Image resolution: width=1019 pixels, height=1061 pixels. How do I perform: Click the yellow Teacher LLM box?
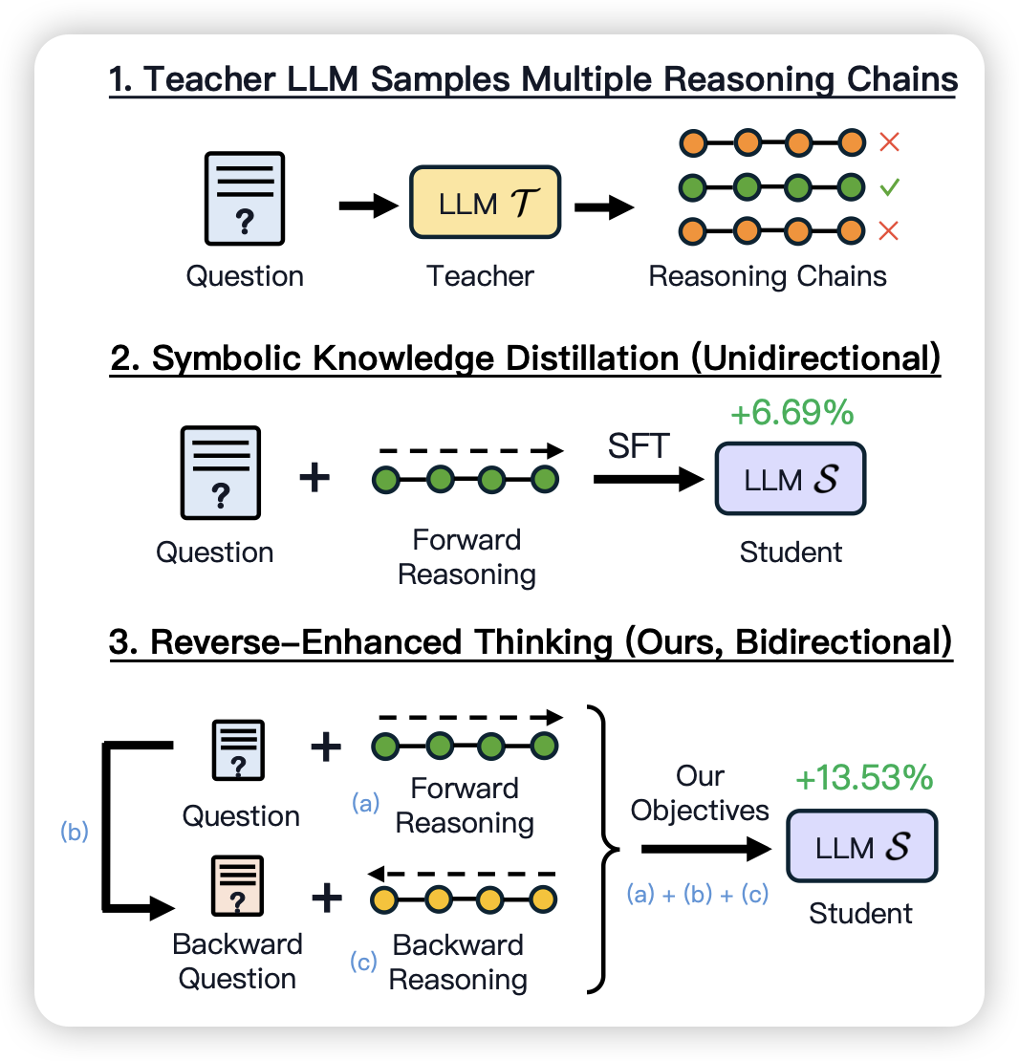(x=486, y=203)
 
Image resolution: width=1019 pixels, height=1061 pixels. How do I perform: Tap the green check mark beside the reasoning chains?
(x=890, y=186)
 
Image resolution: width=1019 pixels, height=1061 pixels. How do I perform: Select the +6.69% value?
(x=791, y=414)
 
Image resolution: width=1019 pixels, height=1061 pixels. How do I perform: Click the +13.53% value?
(x=863, y=778)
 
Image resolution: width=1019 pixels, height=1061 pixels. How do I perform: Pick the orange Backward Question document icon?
(x=236, y=887)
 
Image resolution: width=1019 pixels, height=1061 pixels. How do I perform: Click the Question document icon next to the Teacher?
(x=245, y=198)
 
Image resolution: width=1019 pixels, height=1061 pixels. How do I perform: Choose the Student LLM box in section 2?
(x=791, y=480)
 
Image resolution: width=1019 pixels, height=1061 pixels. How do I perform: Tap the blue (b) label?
(x=74, y=832)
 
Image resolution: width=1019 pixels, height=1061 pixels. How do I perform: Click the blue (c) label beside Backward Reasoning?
(x=364, y=963)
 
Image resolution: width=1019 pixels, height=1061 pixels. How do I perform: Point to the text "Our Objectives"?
(x=700, y=793)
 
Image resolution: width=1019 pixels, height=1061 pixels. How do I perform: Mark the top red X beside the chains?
(x=890, y=143)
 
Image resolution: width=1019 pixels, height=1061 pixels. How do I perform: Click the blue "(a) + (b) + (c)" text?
(x=698, y=896)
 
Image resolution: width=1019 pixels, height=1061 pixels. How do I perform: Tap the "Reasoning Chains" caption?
(x=768, y=277)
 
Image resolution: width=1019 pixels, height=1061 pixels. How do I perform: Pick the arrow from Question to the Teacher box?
(x=368, y=204)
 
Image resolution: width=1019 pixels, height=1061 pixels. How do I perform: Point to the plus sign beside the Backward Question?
(x=326, y=898)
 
